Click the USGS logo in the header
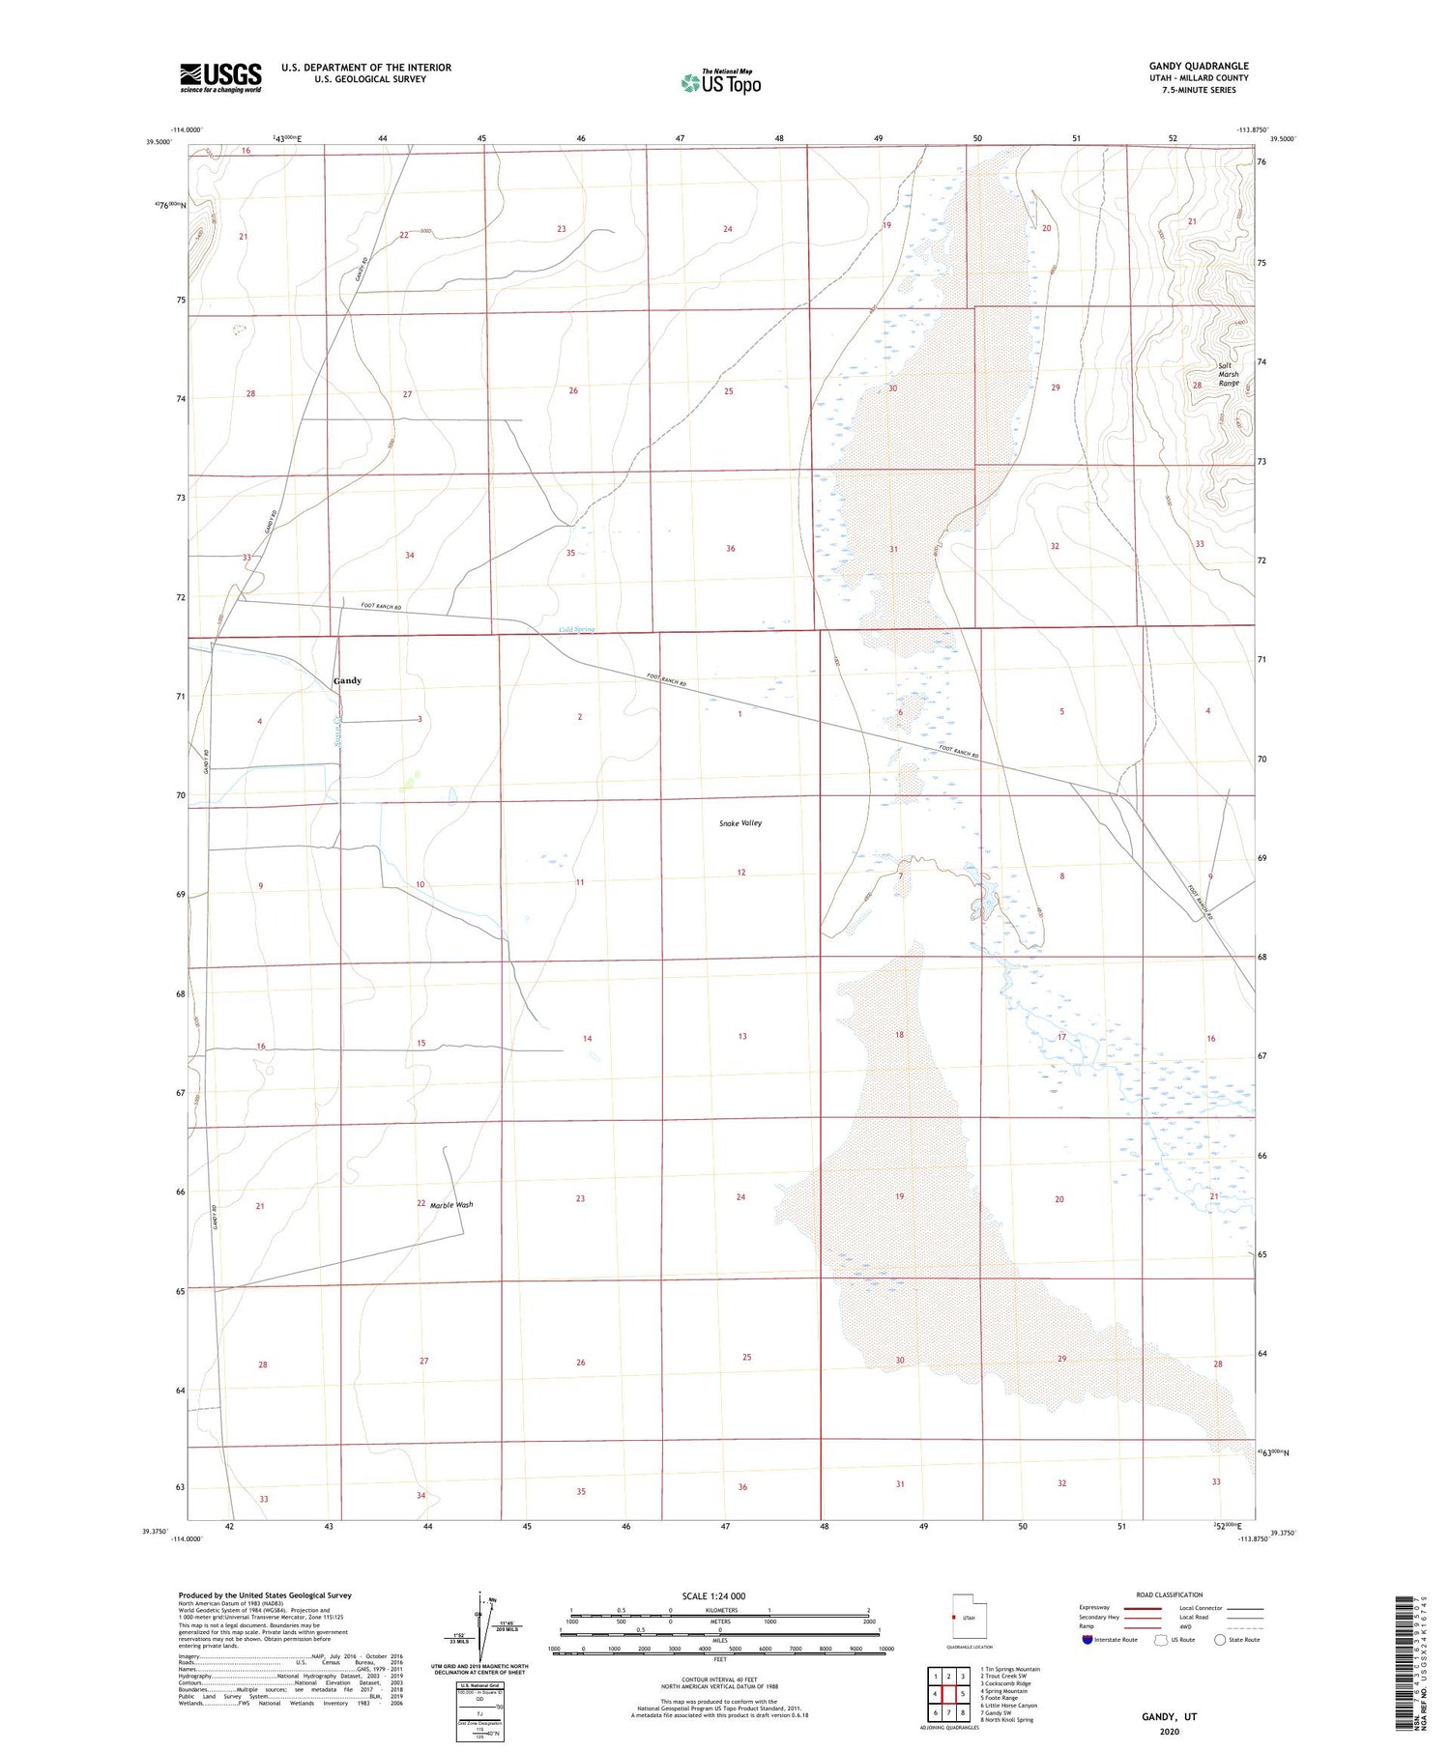pos(220,77)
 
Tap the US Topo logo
pos(721,83)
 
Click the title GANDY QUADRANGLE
pos(1199,66)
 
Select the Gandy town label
pos(347,681)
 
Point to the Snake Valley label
pos(740,823)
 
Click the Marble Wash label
pos(451,1205)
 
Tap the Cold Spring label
pos(577,630)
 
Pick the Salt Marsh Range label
pos(1228,375)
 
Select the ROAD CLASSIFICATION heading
pos(1170,1594)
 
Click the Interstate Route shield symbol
pos(1087,1640)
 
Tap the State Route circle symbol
pos(1220,1640)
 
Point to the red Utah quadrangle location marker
pos(954,1618)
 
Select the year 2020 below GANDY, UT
pos(1170,1732)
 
